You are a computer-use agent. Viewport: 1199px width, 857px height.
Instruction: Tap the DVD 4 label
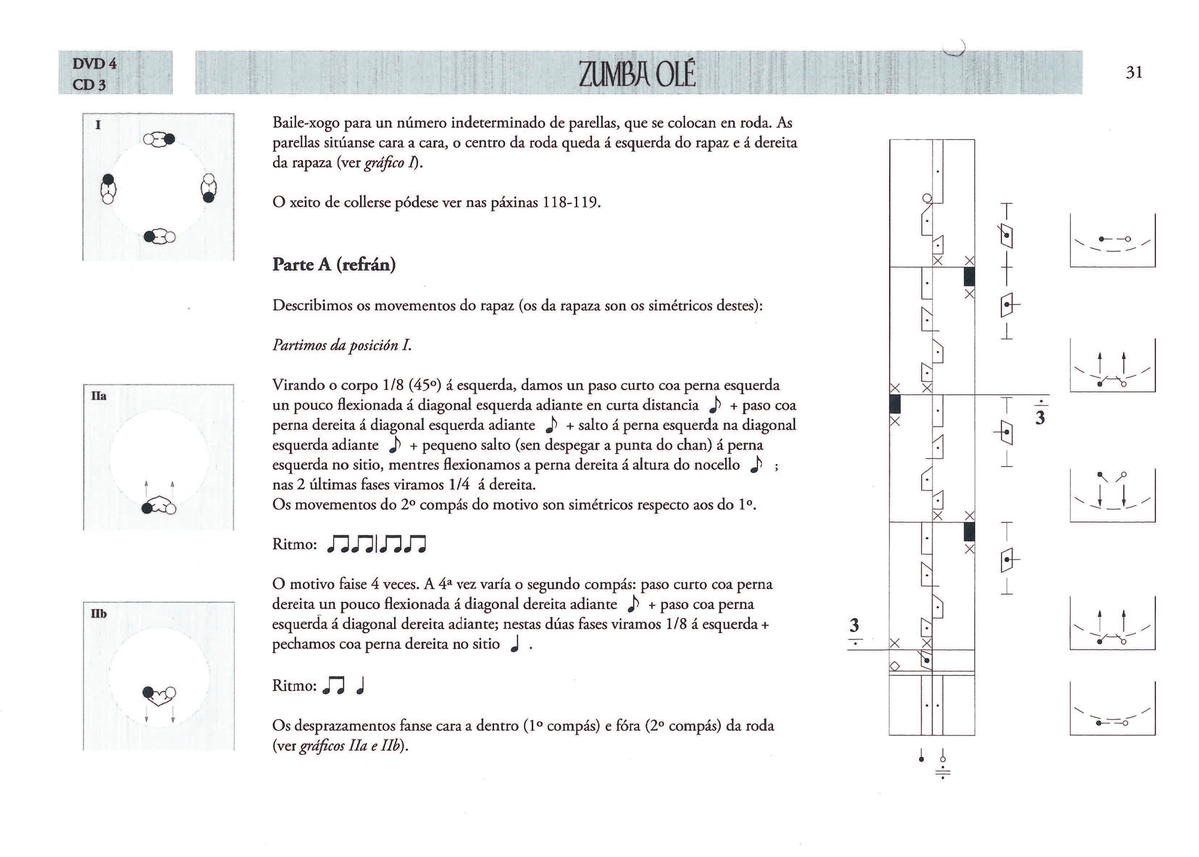[x=95, y=64]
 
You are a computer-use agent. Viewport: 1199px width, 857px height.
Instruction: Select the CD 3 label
[x=89, y=84]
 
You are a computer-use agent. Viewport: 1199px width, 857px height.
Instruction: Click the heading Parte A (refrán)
[x=334, y=264]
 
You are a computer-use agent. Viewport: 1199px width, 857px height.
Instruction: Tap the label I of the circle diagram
[x=98, y=125]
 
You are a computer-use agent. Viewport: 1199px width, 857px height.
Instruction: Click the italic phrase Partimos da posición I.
[x=342, y=345]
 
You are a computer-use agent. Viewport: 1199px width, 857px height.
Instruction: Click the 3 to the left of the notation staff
[x=854, y=626]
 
